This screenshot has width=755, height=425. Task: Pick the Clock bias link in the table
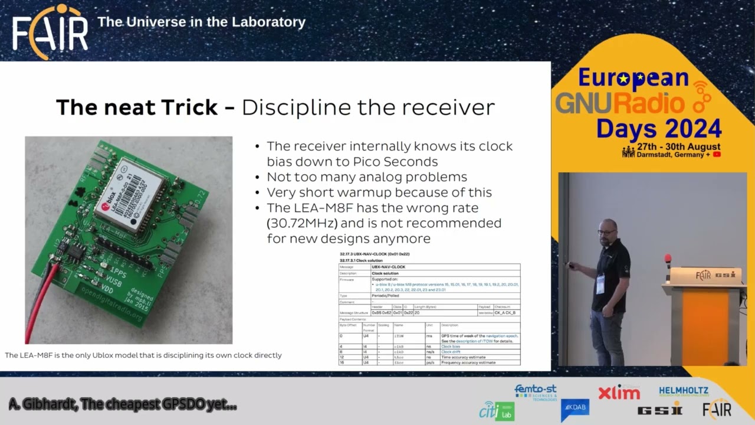click(450, 346)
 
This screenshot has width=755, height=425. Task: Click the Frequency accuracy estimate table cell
click(468, 362)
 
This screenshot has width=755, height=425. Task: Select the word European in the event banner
click(633, 78)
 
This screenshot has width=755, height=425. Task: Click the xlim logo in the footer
click(619, 393)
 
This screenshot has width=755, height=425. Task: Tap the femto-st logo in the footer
click(536, 391)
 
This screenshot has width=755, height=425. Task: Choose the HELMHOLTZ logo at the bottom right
click(684, 391)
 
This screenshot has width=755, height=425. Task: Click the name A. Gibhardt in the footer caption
click(41, 404)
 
